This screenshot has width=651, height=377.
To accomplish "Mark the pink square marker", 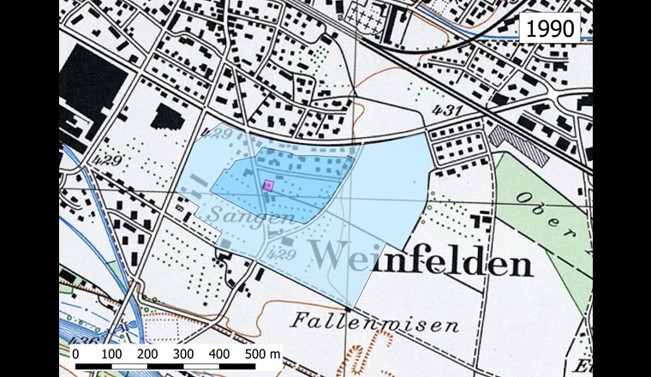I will (267, 184).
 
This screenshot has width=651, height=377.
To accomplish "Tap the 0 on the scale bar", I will (75, 353).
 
